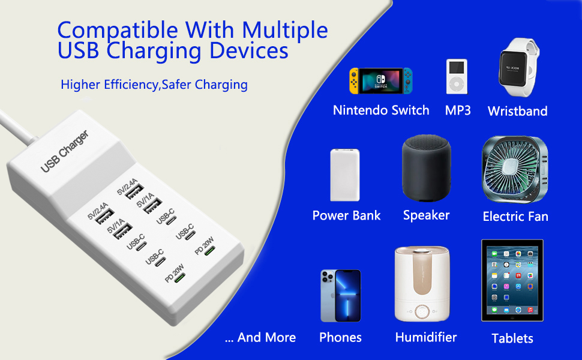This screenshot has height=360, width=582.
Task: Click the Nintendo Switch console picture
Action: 382,80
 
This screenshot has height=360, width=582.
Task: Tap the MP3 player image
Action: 456,77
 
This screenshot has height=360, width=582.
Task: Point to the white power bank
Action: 345,175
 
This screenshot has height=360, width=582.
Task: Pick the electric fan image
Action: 515,169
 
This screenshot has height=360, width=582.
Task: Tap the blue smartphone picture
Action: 340,296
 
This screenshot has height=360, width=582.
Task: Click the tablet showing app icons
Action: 512,280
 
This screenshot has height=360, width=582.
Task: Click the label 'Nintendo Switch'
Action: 381,110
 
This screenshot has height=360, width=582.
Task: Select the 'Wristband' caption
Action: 517,111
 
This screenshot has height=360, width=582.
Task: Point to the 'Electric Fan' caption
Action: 515,217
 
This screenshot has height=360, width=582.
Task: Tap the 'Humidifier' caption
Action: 426,338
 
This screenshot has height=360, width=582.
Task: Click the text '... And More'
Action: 260,338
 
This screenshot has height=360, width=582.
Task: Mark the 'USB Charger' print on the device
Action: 64,152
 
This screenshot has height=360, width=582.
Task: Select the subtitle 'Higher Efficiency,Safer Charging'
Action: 154,85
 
